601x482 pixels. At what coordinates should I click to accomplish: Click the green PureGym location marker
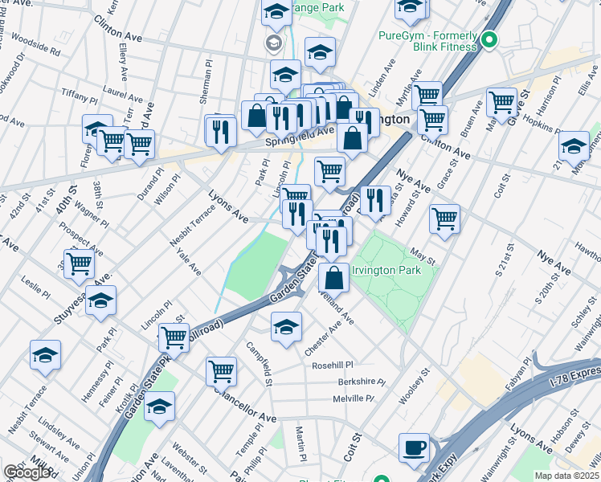(489, 39)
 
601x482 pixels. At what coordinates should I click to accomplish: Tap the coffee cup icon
(415, 447)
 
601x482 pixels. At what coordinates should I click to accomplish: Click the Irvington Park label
(386, 271)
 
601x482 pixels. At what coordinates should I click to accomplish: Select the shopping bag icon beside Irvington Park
(333, 278)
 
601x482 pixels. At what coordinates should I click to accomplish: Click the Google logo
(27, 472)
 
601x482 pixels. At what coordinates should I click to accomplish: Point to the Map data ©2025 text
(566, 476)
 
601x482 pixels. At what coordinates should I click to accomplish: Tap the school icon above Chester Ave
(286, 327)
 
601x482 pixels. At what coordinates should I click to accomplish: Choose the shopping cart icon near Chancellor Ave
(221, 371)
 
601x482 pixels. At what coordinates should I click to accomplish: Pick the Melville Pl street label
(354, 398)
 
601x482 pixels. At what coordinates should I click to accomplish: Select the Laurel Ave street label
(122, 93)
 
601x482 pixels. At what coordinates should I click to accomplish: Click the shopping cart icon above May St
(444, 218)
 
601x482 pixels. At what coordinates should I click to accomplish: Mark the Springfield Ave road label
(299, 137)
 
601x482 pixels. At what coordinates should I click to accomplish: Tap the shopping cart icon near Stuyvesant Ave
(79, 263)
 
